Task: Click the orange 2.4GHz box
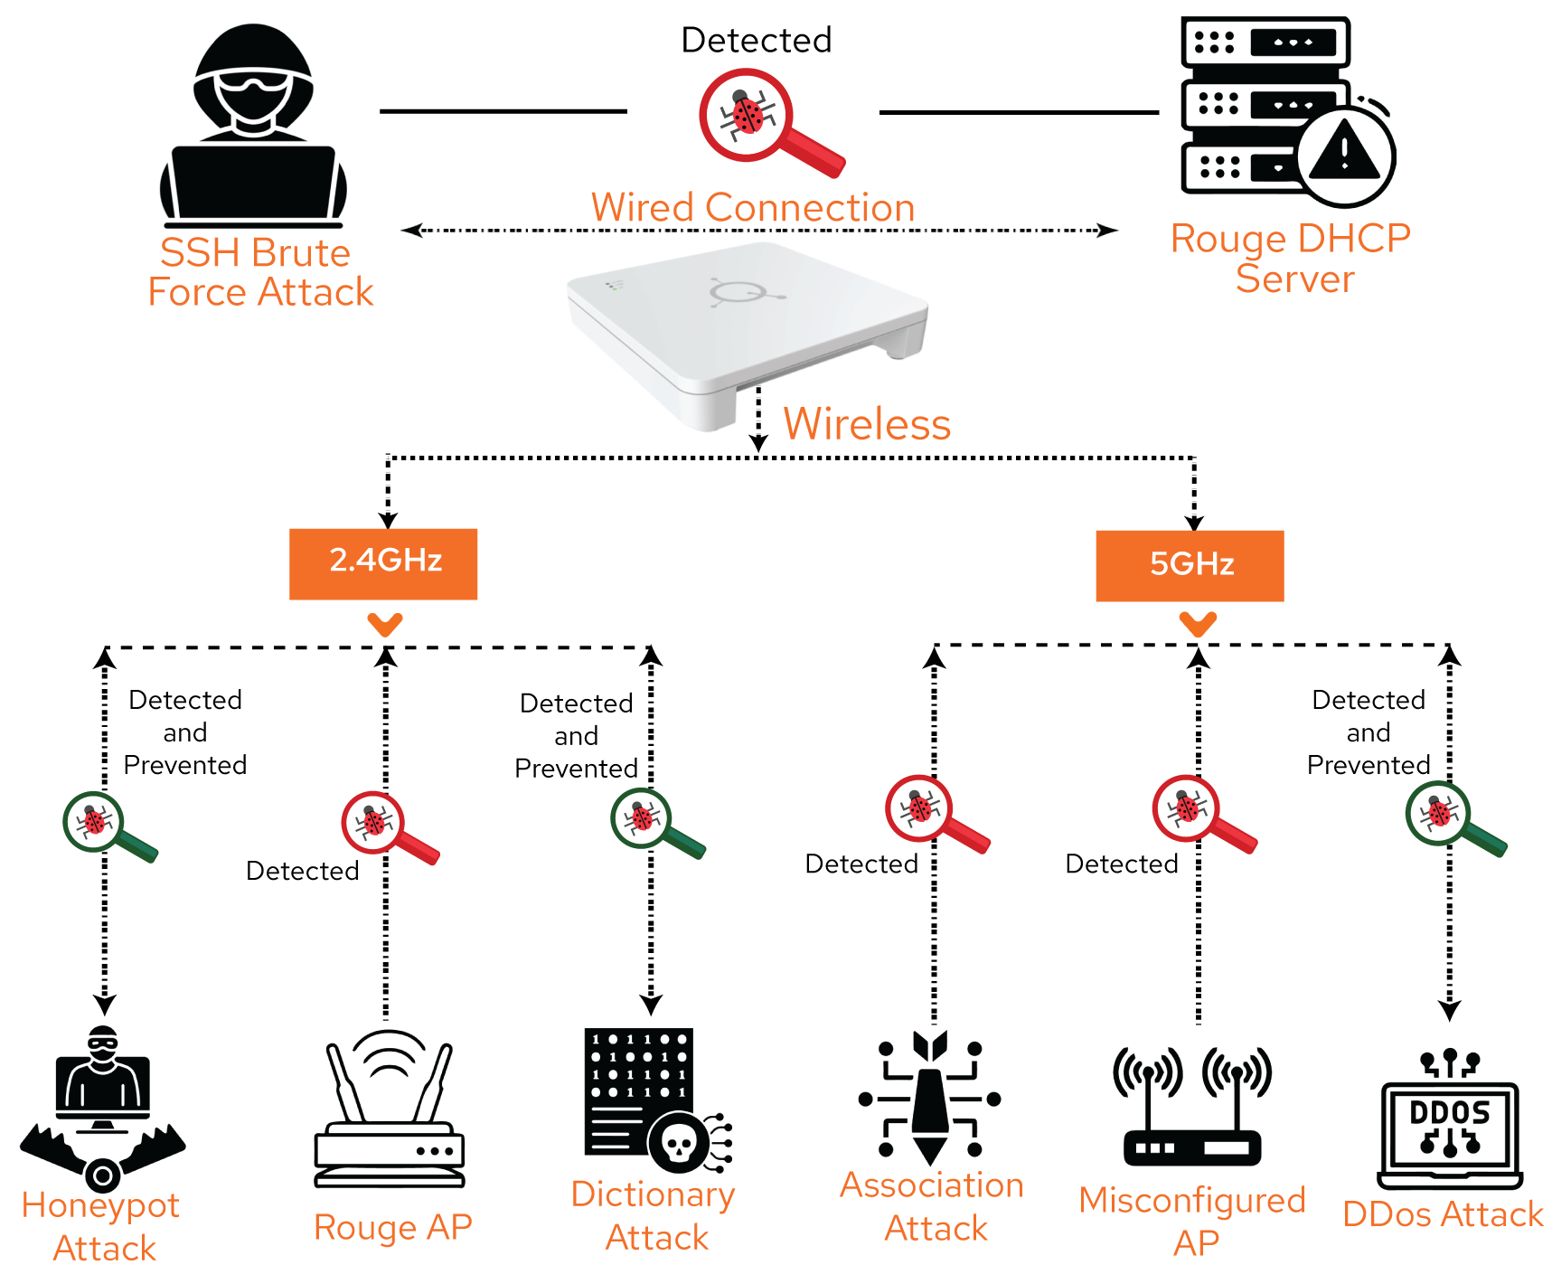(383, 563)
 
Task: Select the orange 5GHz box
(1190, 565)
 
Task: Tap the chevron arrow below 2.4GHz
(385, 624)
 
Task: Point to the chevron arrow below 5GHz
(1199, 624)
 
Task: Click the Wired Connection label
(753, 208)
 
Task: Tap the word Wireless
(867, 424)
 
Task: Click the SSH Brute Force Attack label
(259, 272)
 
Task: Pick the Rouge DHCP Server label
(1291, 259)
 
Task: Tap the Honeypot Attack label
(101, 1225)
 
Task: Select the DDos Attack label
(1443, 1214)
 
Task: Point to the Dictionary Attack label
(654, 1214)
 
